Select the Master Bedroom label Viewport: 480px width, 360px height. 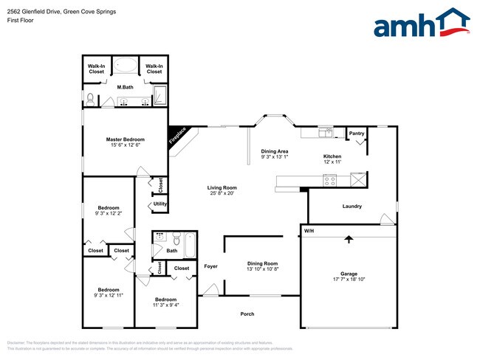click(125, 139)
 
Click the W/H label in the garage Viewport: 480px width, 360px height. click(309, 232)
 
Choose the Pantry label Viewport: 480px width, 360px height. click(357, 134)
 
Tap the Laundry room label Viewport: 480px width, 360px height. click(352, 206)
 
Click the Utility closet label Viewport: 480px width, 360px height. click(160, 204)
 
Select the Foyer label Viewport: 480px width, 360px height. click(211, 266)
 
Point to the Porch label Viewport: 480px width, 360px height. click(247, 314)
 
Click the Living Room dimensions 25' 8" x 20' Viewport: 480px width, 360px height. click(221, 193)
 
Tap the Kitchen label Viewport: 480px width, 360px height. click(332, 156)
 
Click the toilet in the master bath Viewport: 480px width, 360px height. click(90, 98)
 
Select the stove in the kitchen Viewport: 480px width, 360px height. click(330, 179)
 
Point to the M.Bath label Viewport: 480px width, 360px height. click(125, 87)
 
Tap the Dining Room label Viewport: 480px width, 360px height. click(262, 263)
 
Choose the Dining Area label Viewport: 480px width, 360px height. click(274, 151)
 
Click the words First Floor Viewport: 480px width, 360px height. click(21, 21)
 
